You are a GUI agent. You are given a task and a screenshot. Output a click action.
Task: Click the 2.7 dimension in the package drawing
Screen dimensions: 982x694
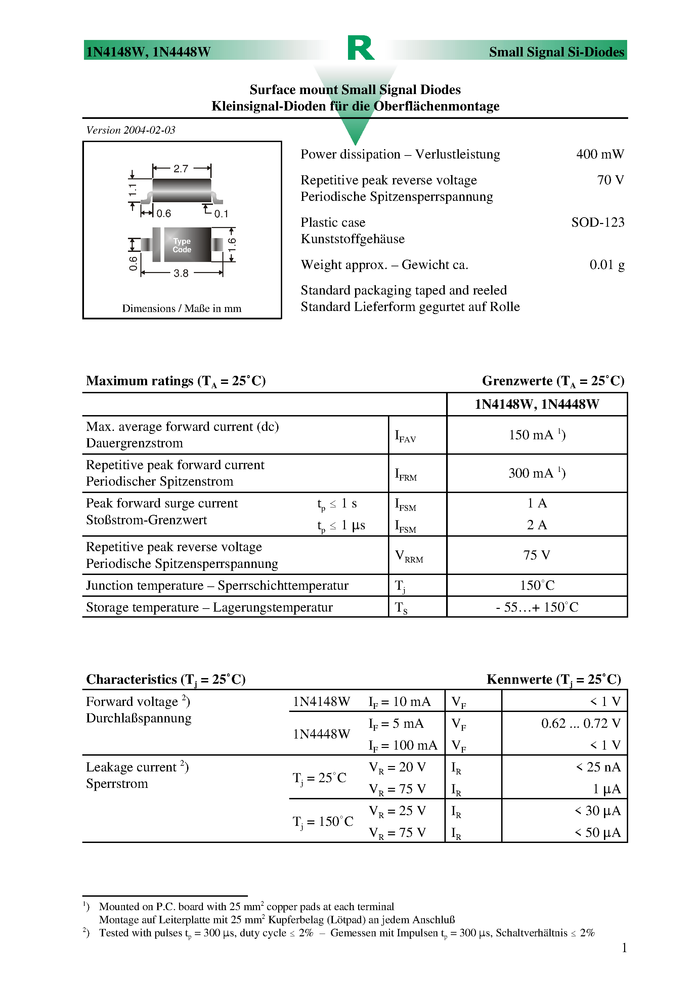pos(181,169)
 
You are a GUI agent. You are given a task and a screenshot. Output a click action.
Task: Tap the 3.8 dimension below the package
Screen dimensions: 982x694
pos(181,273)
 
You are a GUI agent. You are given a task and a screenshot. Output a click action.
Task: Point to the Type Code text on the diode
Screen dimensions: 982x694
pos(182,245)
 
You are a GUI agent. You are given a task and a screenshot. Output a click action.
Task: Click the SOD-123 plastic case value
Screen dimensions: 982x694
pos(597,222)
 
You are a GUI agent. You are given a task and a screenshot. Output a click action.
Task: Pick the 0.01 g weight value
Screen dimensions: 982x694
pos(606,265)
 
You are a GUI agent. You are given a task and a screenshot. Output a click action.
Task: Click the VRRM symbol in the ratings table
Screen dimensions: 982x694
pos(408,556)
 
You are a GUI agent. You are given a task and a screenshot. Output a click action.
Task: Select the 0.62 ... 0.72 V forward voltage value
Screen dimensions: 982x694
pos(580,723)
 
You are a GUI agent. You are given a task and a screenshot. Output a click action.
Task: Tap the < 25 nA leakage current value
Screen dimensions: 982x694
pos(597,767)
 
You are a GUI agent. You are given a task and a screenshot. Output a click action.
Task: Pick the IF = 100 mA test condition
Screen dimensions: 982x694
pos(403,746)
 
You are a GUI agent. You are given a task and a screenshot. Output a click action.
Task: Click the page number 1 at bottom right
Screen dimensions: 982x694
pos(624,948)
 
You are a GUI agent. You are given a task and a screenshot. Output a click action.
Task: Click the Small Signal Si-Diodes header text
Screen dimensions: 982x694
pos(556,52)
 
